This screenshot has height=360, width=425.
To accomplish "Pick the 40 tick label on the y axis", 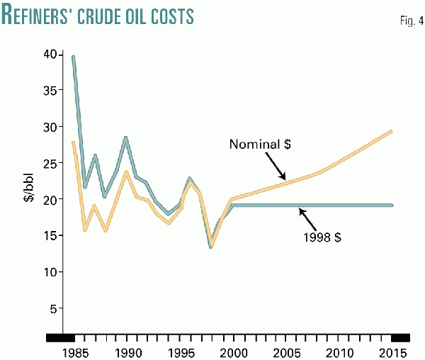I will [49, 54].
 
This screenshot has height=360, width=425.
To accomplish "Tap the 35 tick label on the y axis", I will [49, 91].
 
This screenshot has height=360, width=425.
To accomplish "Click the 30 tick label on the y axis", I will [49, 127].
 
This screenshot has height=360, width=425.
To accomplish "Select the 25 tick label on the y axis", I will [49, 163].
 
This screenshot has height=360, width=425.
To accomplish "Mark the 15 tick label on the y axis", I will [49, 236].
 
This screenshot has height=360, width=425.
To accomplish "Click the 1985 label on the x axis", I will [74, 352].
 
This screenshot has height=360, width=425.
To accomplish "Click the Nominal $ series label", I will [261, 145].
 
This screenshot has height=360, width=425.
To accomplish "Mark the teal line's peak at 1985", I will [74, 56].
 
